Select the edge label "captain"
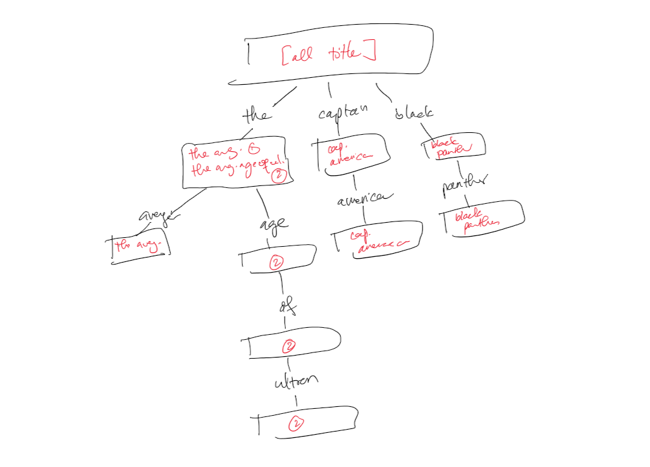[x=343, y=113]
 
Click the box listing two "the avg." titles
[x=237, y=162]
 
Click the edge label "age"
[x=273, y=223]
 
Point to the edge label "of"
[x=286, y=308]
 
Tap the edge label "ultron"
[x=294, y=382]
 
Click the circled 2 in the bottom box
[x=295, y=424]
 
